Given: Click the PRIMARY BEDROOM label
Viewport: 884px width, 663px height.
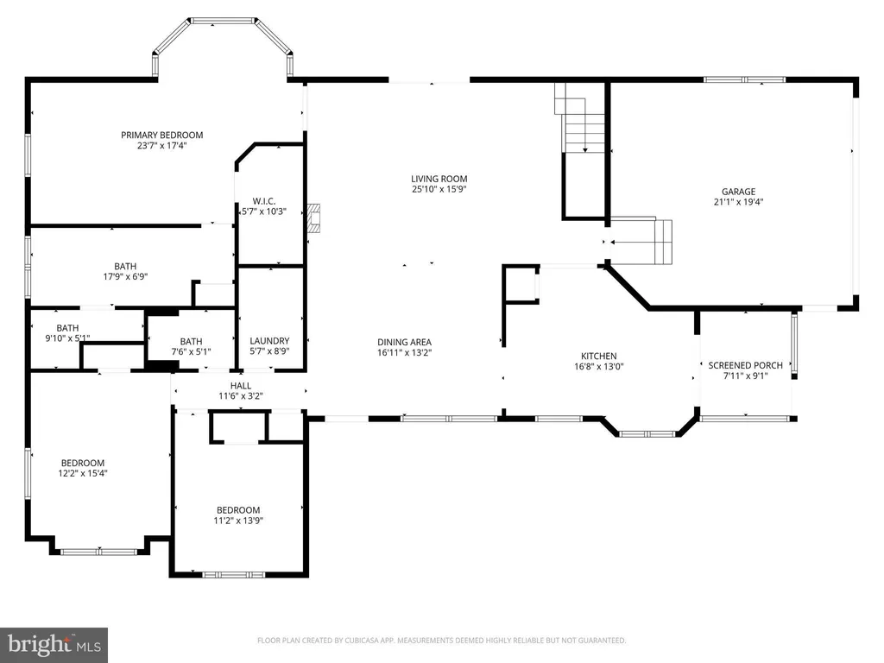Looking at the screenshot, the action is [x=161, y=136].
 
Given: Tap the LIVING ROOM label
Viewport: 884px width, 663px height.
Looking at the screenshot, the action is [x=439, y=180].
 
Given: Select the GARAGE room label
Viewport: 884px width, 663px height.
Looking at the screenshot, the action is [x=739, y=192].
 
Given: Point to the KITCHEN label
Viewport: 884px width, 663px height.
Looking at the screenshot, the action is [x=599, y=357].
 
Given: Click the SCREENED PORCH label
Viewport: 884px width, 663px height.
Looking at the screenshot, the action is [x=745, y=365].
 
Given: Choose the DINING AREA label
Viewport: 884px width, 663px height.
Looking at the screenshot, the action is [x=404, y=342].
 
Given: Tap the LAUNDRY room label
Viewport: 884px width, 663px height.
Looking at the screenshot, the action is [x=269, y=341].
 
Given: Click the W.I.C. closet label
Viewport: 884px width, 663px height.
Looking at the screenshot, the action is [x=264, y=201].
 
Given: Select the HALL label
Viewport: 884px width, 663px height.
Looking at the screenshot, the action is [x=241, y=386].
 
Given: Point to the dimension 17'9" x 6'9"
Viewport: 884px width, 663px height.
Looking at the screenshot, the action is [x=125, y=277].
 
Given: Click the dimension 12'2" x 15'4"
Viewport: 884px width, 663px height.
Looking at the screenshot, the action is [x=83, y=474].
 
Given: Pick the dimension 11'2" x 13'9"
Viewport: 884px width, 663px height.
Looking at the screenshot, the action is [x=238, y=521].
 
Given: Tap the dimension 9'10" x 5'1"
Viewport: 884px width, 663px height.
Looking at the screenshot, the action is [x=67, y=338].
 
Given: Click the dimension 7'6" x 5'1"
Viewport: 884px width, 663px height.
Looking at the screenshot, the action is [x=191, y=352].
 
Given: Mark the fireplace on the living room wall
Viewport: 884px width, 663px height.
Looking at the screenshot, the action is [x=314, y=218].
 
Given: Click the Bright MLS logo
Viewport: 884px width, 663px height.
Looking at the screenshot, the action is [x=54, y=645].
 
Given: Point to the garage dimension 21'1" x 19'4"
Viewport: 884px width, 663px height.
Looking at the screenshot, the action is [x=739, y=202].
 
